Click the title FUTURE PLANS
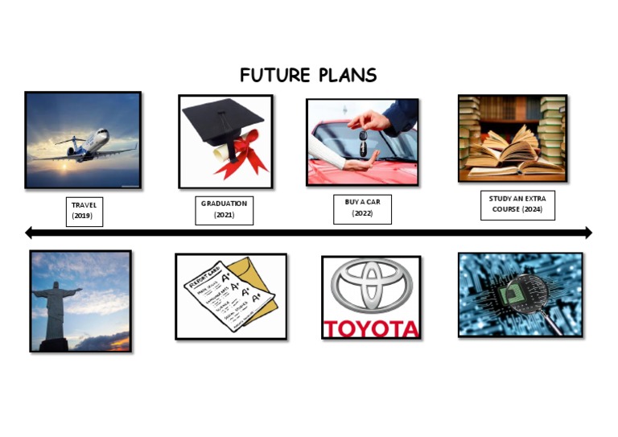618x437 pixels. (308, 76)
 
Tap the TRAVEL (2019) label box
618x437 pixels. (84, 211)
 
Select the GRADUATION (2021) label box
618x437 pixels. (224, 209)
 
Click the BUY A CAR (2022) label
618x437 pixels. (362, 208)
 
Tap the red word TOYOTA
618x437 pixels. (371, 328)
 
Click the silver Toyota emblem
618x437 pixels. (371, 287)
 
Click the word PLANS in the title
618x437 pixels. (346, 76)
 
